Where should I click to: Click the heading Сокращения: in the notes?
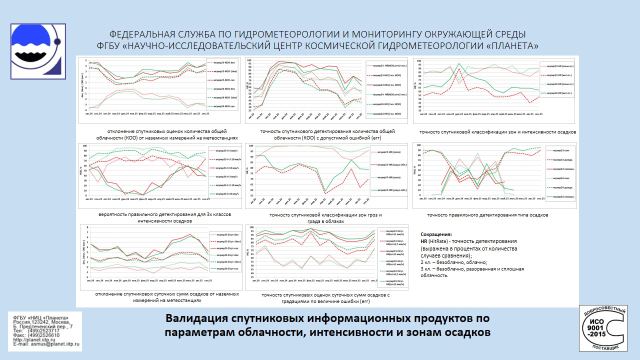pyautogui.click(x=436, y=234)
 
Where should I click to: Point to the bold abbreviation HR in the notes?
pyautogui.click(x=424, y=241)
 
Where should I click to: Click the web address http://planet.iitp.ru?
pyautogui.click(x=35, y=339)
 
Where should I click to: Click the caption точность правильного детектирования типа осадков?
pyautogui.click(x=487, y=215)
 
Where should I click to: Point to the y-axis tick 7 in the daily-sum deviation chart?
pyautogui.click(x=88, y=228)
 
